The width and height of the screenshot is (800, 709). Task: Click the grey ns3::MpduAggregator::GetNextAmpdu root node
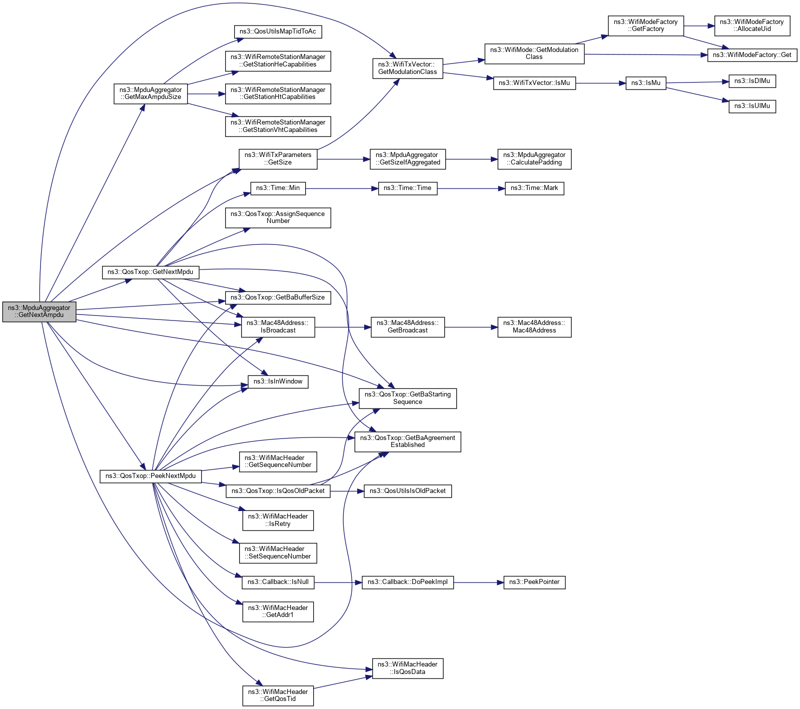click(39, 311)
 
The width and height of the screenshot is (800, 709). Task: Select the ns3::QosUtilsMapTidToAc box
click(278, 31)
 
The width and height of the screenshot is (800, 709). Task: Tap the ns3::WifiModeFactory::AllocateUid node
click(751, 25)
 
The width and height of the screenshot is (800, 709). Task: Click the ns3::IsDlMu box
click(752, 81)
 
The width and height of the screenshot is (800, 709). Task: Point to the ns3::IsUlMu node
click(752, 106)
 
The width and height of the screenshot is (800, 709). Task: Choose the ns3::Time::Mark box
click(534, 188)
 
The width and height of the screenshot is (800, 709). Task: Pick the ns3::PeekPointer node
click(534, 582)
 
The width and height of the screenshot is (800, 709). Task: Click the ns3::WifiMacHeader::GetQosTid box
click(278, 695)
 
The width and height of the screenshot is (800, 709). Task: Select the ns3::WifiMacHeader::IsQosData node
click(407, 668)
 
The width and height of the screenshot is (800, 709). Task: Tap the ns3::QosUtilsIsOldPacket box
click(407, 491)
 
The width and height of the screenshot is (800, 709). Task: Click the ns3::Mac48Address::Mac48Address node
click(534, 327)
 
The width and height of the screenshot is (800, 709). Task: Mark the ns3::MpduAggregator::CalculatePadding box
click(534, 159)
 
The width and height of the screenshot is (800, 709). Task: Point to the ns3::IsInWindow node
click(278, 381)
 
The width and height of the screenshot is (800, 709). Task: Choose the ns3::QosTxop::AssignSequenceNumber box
click(278, 217)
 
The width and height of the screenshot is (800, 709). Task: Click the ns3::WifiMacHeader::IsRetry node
click(278, 520)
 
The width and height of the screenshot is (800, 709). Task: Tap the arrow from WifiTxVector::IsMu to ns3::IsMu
click(600, 83)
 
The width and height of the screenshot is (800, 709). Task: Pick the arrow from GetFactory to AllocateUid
click(698, 25)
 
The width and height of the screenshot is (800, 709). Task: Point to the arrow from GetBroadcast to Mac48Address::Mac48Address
click(471, 327)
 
